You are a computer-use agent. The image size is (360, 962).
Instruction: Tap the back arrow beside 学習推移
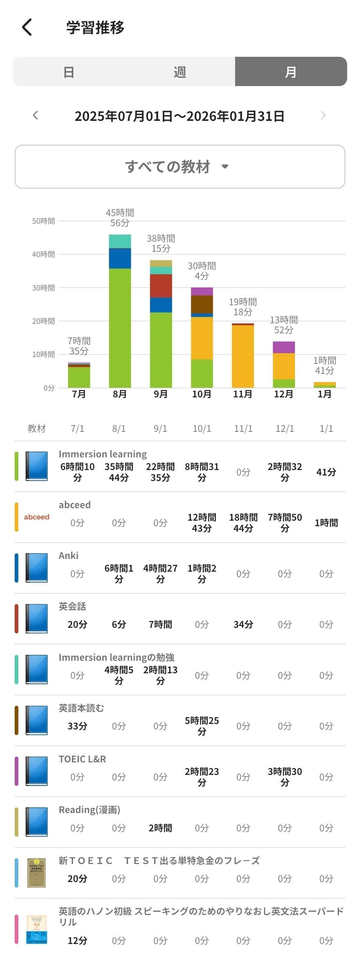(27, 27)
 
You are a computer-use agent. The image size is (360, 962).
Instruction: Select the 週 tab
(180, 72)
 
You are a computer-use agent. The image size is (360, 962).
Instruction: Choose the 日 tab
(69, 72)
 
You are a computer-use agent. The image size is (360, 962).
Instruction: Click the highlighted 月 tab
(291, 72)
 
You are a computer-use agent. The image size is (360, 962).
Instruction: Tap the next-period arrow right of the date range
(323, 115)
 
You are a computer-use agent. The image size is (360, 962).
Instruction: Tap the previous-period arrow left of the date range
(35, 115)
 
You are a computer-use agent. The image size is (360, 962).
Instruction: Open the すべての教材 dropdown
(180, 167)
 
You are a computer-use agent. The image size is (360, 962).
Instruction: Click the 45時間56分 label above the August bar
(120, 218)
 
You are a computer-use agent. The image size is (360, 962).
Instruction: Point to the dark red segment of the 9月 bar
(161, 286)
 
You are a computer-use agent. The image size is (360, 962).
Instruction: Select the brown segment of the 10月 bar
(202, 304)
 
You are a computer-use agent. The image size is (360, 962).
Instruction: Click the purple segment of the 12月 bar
(284, 347)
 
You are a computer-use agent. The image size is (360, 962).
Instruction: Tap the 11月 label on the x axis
(243, 394)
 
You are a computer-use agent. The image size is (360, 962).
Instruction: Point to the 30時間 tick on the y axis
(43, 288)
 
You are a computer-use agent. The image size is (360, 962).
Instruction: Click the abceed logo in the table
(37, 517)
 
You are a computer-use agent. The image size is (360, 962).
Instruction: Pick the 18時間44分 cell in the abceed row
(243, 523)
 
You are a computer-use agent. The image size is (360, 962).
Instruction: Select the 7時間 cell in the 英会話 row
(161, 624)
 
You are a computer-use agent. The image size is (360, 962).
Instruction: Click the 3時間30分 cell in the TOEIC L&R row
(285, 777)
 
